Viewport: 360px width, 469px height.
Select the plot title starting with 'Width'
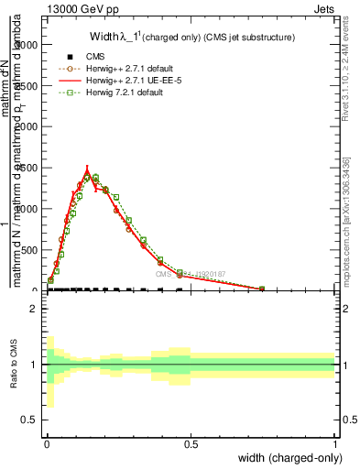tap(191, 38)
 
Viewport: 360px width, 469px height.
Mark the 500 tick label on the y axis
tap(29, 249)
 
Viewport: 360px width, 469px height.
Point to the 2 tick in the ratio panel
tap(34, 310)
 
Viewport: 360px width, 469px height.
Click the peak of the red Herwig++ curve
tap(87, 169)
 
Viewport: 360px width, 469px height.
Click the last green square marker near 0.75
tap(262, 288)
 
